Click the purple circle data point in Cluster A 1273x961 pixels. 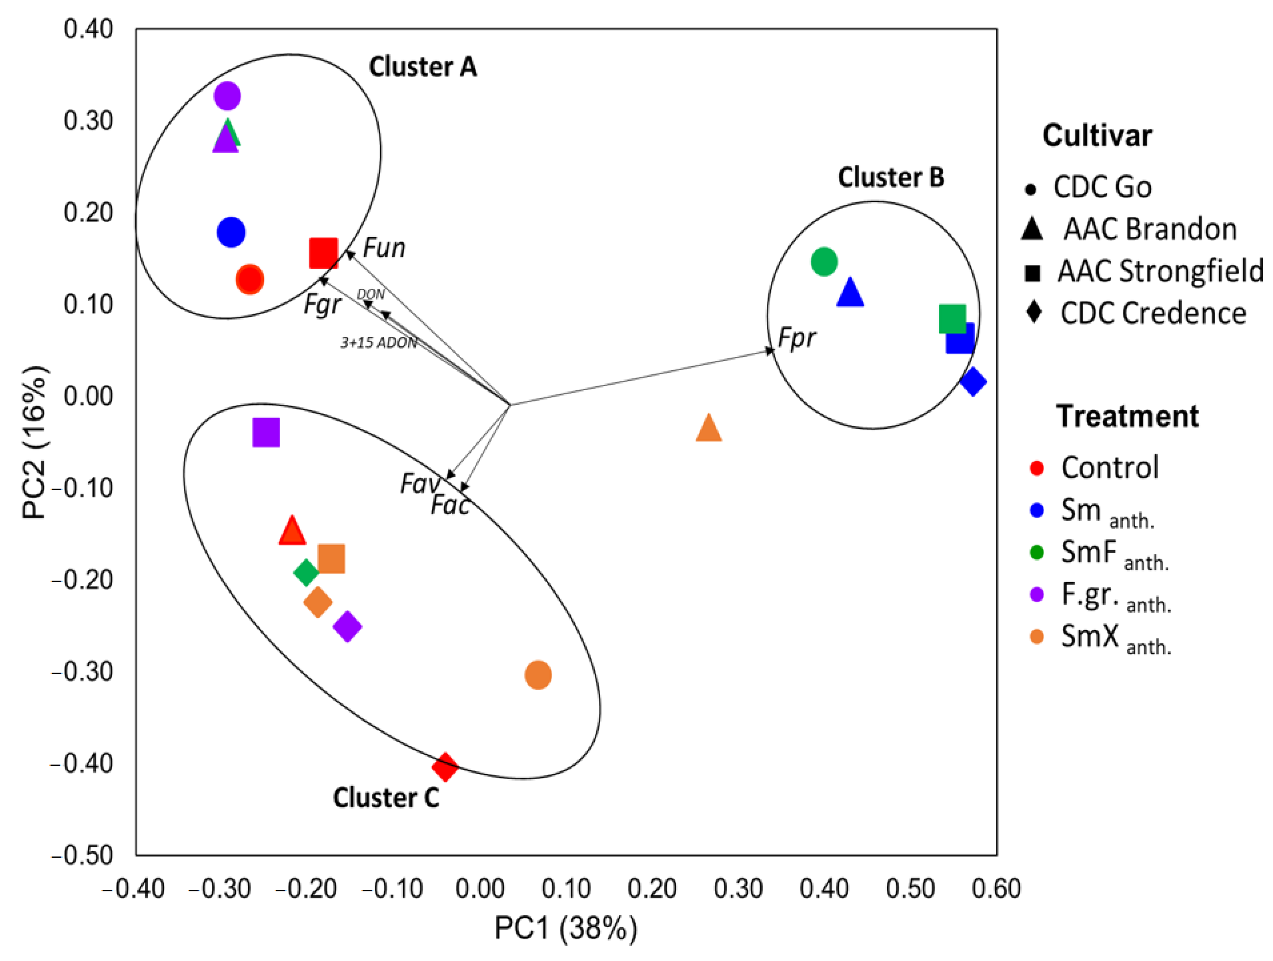pos(228,96)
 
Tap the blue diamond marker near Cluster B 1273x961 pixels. pos(973,381)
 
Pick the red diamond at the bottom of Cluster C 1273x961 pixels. pos(445,767)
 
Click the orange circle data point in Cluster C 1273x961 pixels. pos(538,675)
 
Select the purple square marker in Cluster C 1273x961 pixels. pos(266,432)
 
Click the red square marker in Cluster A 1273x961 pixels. pos(324,253)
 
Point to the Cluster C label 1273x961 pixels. pos(386,798)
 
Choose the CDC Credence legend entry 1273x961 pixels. pos(1153,314)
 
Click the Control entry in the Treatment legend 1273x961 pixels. pos(1110,468)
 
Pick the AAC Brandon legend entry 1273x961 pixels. pos(1150,229)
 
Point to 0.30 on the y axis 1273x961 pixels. pos(88,121)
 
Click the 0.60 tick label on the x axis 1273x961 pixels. pos(996,889)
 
